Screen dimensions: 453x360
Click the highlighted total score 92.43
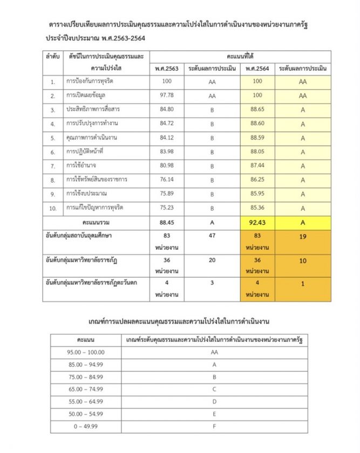click(257, 221)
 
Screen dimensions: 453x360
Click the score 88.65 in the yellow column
click(257, 109)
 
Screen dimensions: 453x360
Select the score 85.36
click(257, 208)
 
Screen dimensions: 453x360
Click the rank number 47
click(212, 236)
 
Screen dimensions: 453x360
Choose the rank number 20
click(212, 259)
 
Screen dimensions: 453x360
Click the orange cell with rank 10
click(302, 259)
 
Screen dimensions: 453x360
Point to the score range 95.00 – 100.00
click(86, 352)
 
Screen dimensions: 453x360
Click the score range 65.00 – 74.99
click(86, 389)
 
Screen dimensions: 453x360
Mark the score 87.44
click(257, 166)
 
